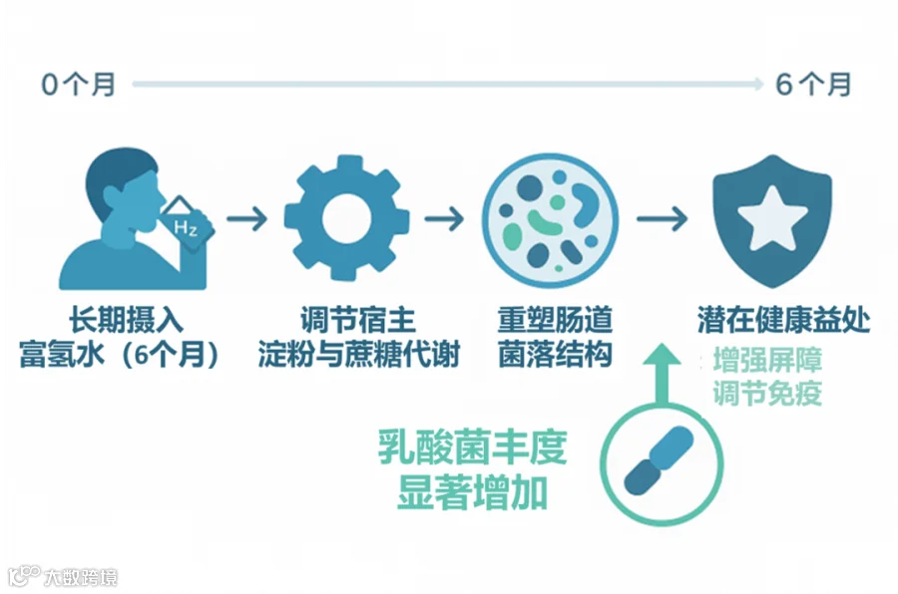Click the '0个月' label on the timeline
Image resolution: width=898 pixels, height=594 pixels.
79,85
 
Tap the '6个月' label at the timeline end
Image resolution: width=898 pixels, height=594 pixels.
814,85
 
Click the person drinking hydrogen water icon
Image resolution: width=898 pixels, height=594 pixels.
125,221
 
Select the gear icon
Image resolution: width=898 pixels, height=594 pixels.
347,219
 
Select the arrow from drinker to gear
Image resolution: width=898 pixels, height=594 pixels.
247,219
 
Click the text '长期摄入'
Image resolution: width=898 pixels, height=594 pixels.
127,321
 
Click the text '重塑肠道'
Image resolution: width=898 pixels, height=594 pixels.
555,321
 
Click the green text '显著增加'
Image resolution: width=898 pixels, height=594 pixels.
473,491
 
